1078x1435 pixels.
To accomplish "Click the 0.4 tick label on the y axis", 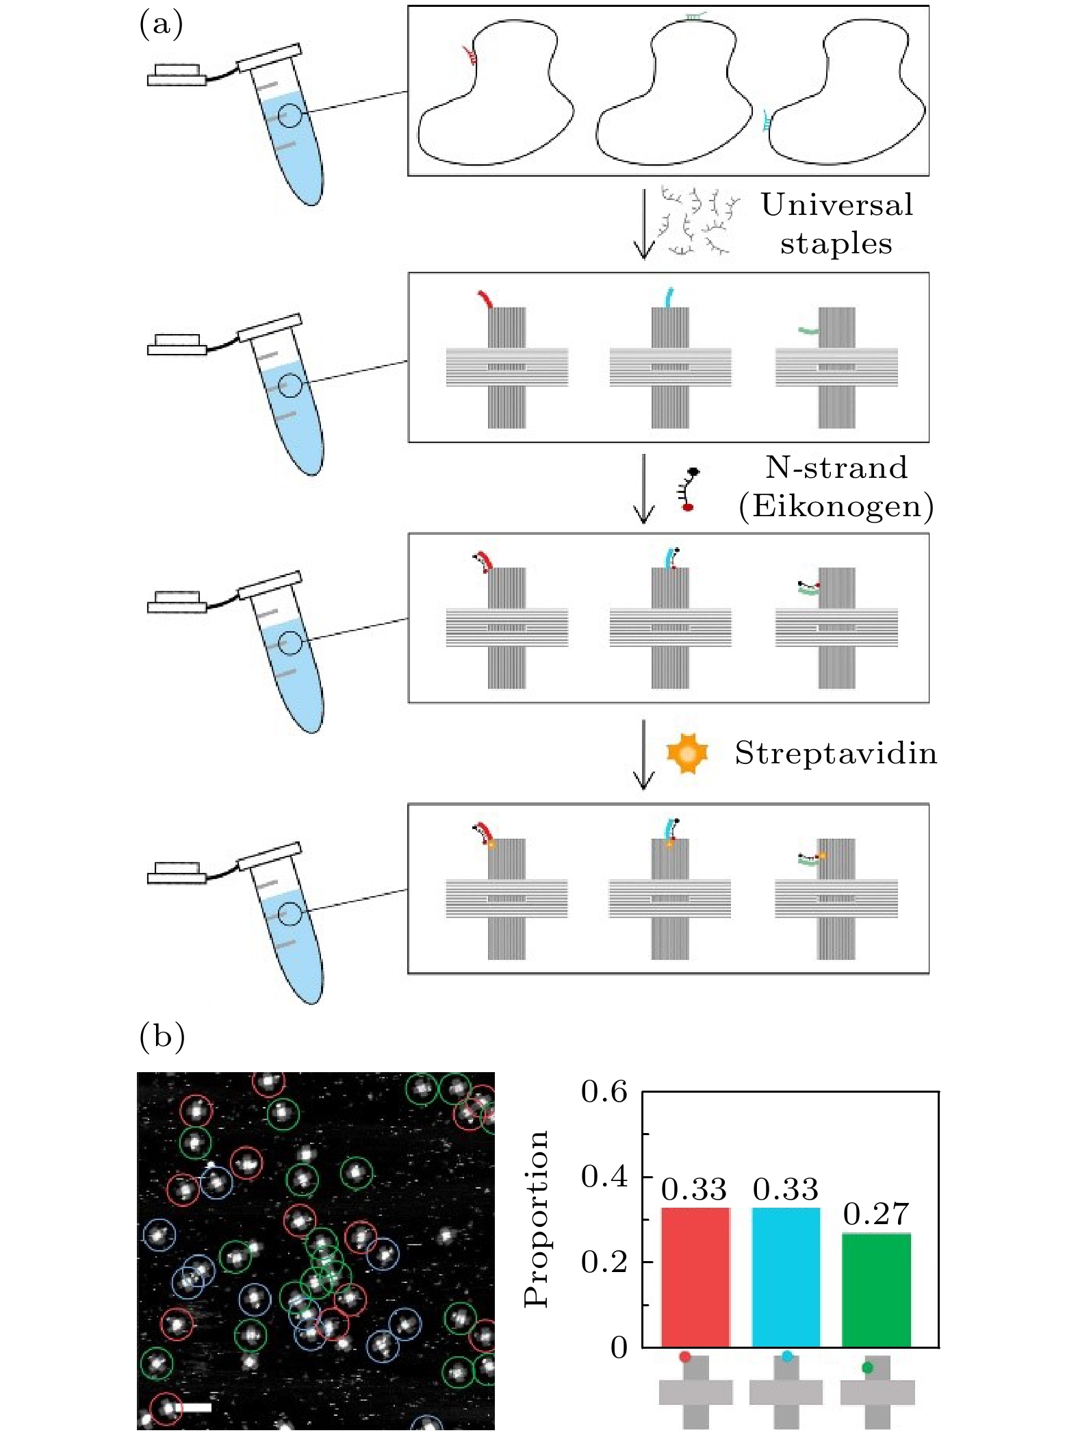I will click(x=604, y=1177).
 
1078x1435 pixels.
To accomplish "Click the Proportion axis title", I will click(x=536, y=1219).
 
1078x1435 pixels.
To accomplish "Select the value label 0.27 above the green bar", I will click(x=876, y=1214).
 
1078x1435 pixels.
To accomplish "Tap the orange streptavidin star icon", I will click(x=687, y=753).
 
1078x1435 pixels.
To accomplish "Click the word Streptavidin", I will click(x=836, y=753).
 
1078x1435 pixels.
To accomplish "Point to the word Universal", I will click(x=837, y=205).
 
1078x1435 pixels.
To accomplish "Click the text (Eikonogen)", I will click(x=836, y=507).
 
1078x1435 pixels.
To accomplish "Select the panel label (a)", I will click(x=161, y=25).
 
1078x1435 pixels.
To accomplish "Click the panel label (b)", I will click(x=162, y=1037).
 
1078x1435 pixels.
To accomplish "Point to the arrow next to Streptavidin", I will click(x=643, y=754).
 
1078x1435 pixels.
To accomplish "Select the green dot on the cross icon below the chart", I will click(x=867, y=1367).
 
